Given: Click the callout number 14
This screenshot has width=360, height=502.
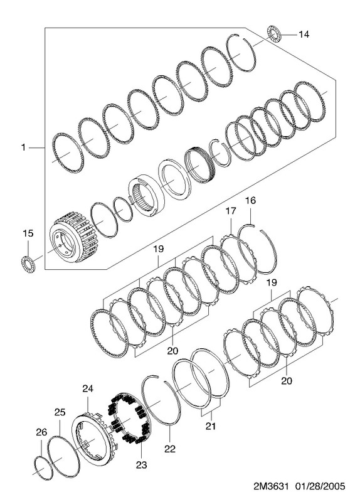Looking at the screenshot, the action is click(304, 34).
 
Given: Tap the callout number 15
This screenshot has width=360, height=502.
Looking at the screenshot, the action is click(28, 233).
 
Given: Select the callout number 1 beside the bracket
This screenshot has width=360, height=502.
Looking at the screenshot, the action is click(23, 147).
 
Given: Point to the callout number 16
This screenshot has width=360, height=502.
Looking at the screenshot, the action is click(250, 200).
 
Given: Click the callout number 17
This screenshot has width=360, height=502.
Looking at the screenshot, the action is click(231, 211).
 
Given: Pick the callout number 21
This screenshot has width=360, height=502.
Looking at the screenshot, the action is click(211, 426).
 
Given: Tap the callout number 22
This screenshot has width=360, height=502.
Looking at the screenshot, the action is click(170, 449).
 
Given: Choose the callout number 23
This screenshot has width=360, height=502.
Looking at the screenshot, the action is click(141, 464).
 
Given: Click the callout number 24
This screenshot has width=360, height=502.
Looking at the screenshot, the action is click(88, 388).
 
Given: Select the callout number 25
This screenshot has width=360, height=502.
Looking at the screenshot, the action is click(60, 412).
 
